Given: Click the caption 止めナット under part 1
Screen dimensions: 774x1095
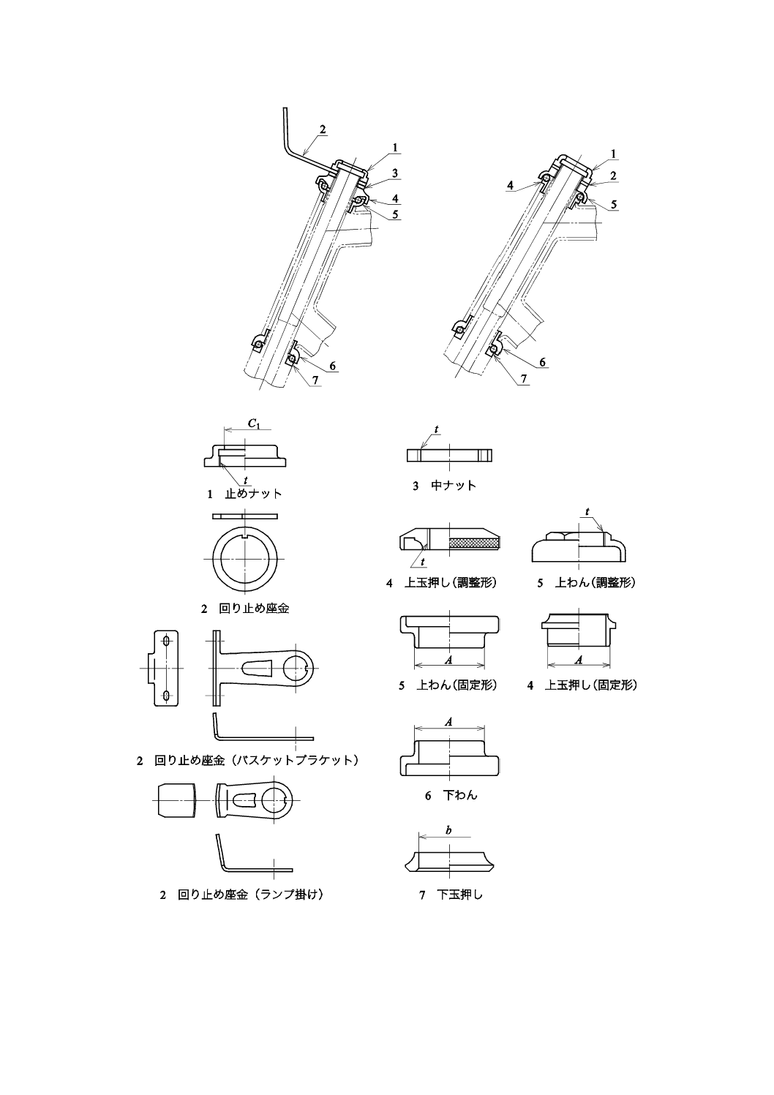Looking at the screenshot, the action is click(x=253, y=494).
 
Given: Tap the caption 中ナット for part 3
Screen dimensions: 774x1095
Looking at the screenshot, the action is click(x=454, y=486).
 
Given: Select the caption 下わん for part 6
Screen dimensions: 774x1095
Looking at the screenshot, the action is click(x=460, y=795).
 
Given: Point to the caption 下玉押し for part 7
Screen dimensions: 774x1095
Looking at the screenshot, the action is click(x=459, y=894).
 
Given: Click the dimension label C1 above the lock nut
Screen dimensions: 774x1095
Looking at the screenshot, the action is click(x=253, y=424).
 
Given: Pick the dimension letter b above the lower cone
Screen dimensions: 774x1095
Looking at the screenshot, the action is click(x=449, y=830).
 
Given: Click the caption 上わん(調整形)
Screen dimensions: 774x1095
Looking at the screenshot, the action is click(x=595, y=582).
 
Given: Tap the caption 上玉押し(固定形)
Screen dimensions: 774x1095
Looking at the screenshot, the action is click(x=591, y=685).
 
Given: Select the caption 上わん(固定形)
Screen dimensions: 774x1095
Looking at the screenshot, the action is click(x=456, y=685).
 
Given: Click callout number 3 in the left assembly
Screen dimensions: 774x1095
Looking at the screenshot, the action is click(x=395, y=173).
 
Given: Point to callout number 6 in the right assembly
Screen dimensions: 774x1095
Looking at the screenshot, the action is click(x=542, y=362).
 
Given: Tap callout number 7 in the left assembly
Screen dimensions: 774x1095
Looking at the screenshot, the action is click(x=315, y=380).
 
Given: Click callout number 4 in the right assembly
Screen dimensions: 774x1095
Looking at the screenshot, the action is click(x=510, y=185).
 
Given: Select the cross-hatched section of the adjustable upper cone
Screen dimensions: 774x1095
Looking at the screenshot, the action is click(x=474, y=542).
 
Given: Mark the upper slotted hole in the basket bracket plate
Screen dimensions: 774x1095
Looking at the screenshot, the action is click(x=166, y=640).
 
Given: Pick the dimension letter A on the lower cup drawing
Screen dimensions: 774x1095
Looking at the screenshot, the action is click(x=449, y=721).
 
